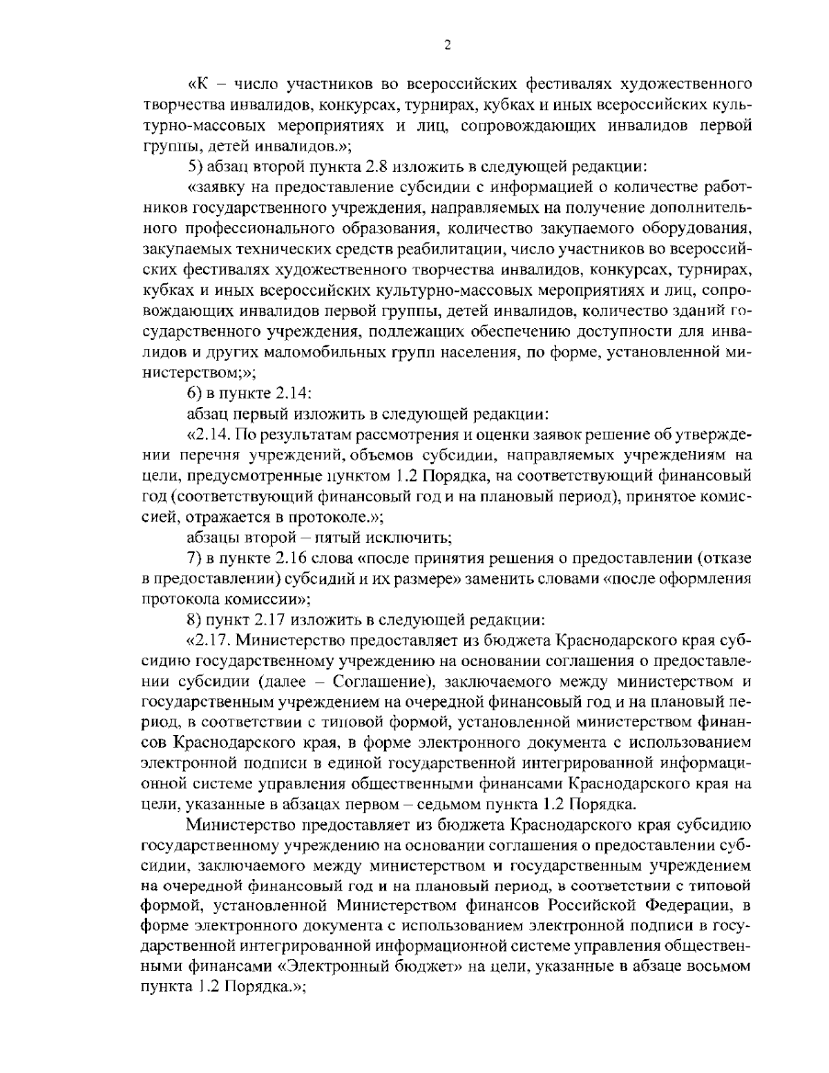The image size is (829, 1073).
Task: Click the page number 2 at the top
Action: tap(447, 46)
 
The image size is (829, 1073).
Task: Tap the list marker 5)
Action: tap(196, 166)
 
